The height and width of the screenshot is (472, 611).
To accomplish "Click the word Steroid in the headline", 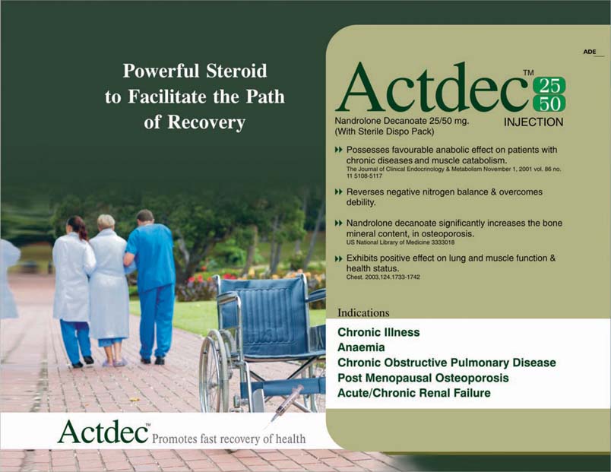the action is click(236, 71).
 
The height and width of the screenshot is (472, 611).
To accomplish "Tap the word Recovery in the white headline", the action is click(207, 122).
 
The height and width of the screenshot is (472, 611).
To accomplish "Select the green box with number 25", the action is click(549, 86).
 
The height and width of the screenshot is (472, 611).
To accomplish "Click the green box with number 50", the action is click(549, 103).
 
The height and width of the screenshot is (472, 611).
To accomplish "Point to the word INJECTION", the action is click(533, 122).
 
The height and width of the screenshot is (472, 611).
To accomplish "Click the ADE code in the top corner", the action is click(590, 52).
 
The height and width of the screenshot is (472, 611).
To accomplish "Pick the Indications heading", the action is click(363, 312).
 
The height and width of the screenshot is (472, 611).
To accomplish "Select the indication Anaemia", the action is click(361, 347).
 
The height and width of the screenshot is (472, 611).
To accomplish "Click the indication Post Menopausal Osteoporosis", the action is click(423, 378).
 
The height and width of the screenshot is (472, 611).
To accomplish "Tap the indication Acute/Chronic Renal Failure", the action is click(414, 393).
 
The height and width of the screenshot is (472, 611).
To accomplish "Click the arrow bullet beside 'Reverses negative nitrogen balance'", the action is click(339, 192).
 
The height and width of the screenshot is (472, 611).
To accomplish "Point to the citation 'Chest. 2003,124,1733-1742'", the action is click(383, 277).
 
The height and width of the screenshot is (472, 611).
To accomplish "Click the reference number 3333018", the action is click(442, 242).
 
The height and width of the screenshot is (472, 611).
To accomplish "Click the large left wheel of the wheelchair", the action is click(214, 370).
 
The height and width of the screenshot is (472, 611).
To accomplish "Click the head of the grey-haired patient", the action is click(106, 222).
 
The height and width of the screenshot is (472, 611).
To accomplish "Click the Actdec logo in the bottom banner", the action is click(103, 432).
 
